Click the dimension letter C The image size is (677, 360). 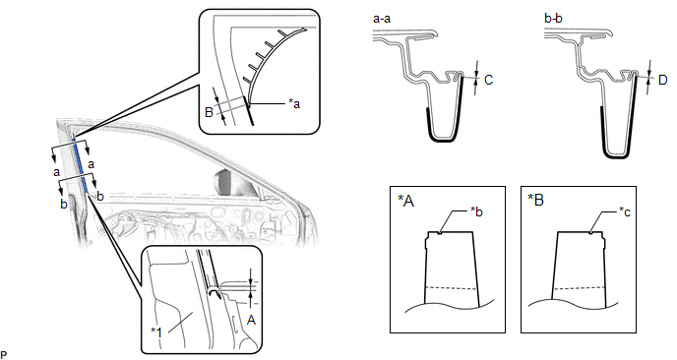(x=489, y=80)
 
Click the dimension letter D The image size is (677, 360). (x=663, y=80)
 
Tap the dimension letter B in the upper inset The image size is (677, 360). (x=209, y=113)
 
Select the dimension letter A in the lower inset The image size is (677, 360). (x=251, y=320)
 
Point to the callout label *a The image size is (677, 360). (x=294, y=103)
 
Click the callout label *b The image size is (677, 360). (x=476, y=211)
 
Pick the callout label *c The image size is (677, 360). (x=624, y=211)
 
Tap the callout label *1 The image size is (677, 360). (x=156, y=331)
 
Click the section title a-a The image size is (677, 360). (x=382, y=19)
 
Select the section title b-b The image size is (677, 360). (x=554, y=19)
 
